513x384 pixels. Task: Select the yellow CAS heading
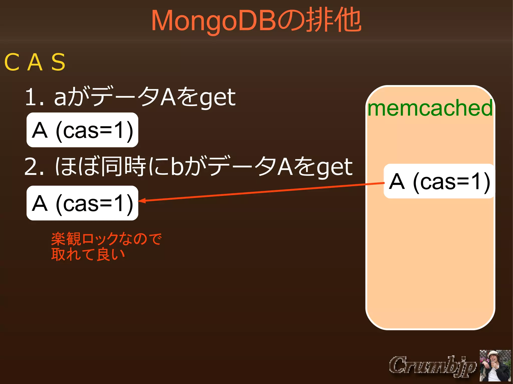tap(35, 62)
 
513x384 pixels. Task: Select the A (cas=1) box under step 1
tap(82, 130)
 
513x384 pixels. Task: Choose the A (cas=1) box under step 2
tap(82, 203)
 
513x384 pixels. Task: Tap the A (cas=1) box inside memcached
tap(439, 181)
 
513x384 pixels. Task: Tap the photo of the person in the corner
tap(495, 366)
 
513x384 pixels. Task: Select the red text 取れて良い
tap(88, 254)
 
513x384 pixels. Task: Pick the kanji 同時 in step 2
tap(124, 166)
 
